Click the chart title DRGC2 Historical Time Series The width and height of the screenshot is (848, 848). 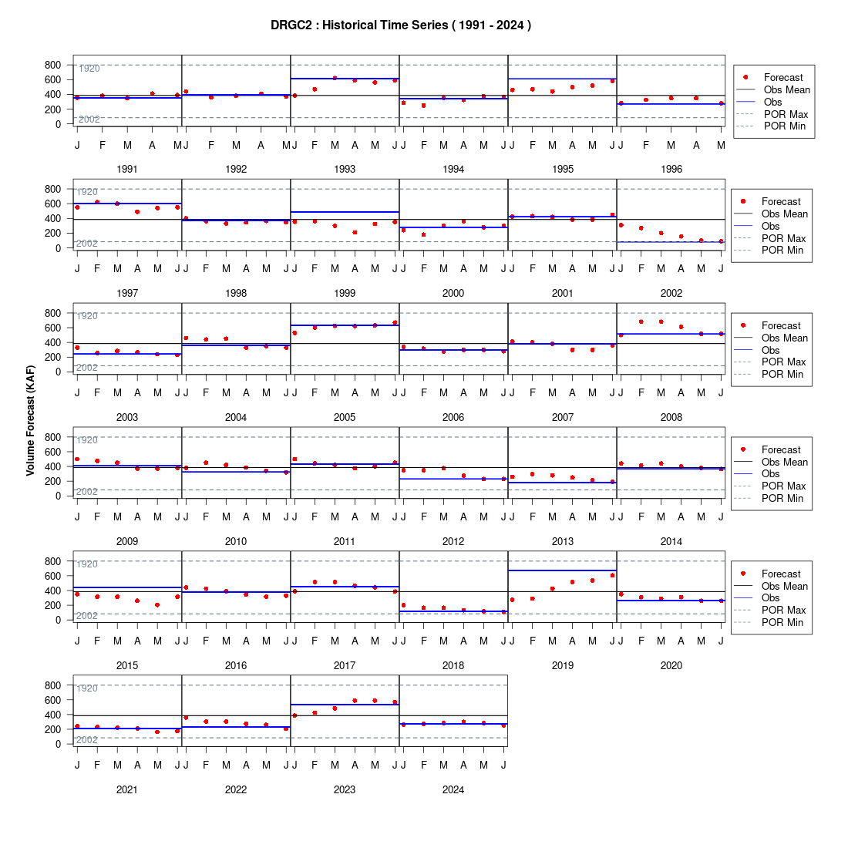pos(401,25)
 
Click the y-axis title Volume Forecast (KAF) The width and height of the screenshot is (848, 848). pos(30,421)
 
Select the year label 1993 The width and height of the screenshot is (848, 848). pos(345,170)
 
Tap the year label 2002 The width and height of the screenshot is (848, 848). pos(671,293)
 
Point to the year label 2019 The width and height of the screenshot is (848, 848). pos(563,665)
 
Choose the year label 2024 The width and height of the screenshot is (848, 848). pos(453,789)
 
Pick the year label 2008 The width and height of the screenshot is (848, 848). pos(671,417)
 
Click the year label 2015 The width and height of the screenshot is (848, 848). pos(127,665)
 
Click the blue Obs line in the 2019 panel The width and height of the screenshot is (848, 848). pos(563,570)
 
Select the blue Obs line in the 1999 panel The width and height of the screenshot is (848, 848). pos(345,212)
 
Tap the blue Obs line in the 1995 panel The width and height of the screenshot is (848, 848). pos(563,79)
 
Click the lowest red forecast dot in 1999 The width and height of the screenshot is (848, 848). pos(355,233)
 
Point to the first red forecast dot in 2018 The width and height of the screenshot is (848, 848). pos(403,605)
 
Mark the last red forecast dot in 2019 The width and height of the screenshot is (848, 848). pos(612,575)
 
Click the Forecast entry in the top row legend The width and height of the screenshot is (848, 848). pos(783,77)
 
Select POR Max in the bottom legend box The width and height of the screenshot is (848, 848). pos(784,610)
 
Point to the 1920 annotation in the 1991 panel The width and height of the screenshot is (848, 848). pos(89,69)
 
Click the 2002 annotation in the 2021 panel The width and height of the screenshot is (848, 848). pos(87,740)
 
